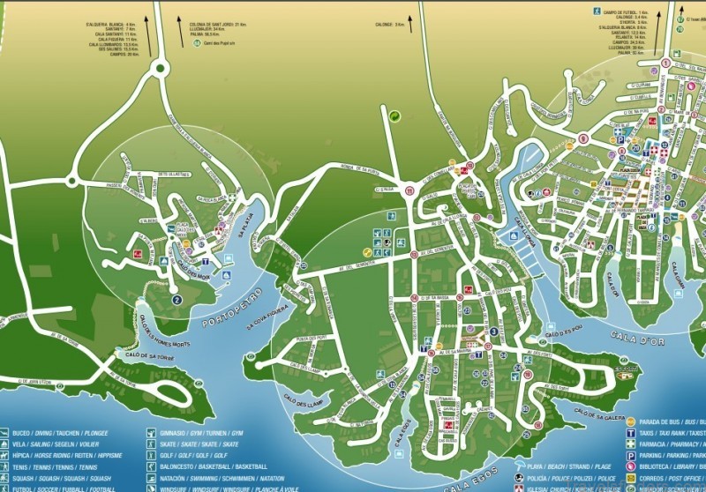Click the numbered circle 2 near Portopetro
(x=176, y=300)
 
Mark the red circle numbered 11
(x=409, y=190)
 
